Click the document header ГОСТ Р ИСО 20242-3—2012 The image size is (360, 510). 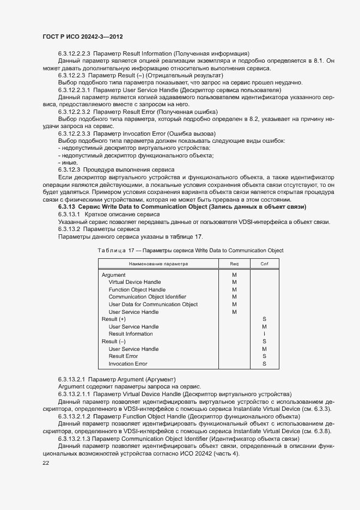click(x=82, y=35)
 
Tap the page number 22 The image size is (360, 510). click(x=46, y=463)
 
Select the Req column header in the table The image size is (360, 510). click(x=234, y=264)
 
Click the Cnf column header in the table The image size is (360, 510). click(x=264, y=264)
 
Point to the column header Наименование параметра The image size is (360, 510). click(x=158, y=264)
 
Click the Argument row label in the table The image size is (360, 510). click(x=113, y=275)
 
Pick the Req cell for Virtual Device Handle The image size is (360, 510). click(x=234, y=282)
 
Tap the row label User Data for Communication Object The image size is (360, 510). click(x=153, y=305)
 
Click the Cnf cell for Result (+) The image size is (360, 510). click(x=264, y=319)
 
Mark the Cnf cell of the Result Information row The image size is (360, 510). click(x=264, y=334)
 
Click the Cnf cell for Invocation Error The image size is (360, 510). click(x=264, y=363)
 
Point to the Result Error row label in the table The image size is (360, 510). click(x=123, y=356)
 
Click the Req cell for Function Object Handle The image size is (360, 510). click(x=234, y=290)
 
